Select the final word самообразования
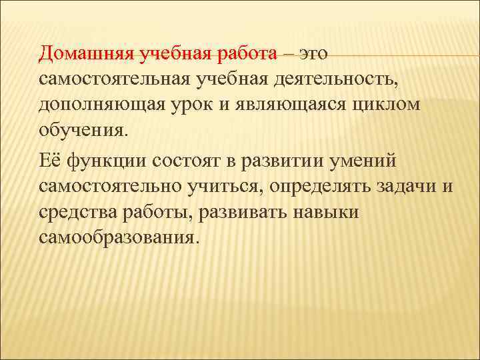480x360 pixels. click(x=118, y=238)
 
